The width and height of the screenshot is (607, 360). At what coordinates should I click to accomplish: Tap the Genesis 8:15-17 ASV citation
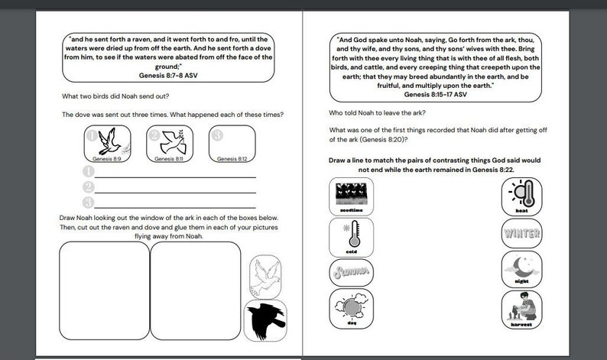pyautogui.click(x=434, y=95)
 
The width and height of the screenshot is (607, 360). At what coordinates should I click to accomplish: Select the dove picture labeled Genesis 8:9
pyautogui.click(x=106, y=143)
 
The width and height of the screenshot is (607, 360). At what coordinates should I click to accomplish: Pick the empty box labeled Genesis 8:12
pyautogui.click(x=232, y=143)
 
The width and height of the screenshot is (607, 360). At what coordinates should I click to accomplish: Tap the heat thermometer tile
pyautogui.click(x=521, y=196)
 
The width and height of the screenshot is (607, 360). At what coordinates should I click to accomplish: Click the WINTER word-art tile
pyautogui.click(x=521, y=233)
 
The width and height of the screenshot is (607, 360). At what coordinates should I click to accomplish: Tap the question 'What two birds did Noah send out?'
pyautogui.click(x=115, y=96)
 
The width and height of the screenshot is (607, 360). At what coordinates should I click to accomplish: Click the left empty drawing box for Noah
pyautogui.click(x=104, y=291)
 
